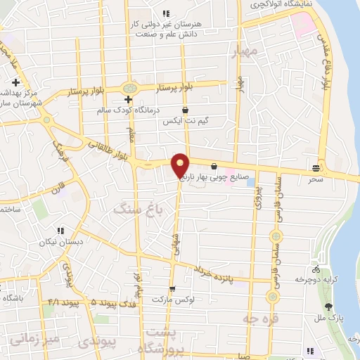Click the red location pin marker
180,165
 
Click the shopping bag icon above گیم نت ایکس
185,110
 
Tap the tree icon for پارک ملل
329,306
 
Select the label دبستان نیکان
56,240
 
